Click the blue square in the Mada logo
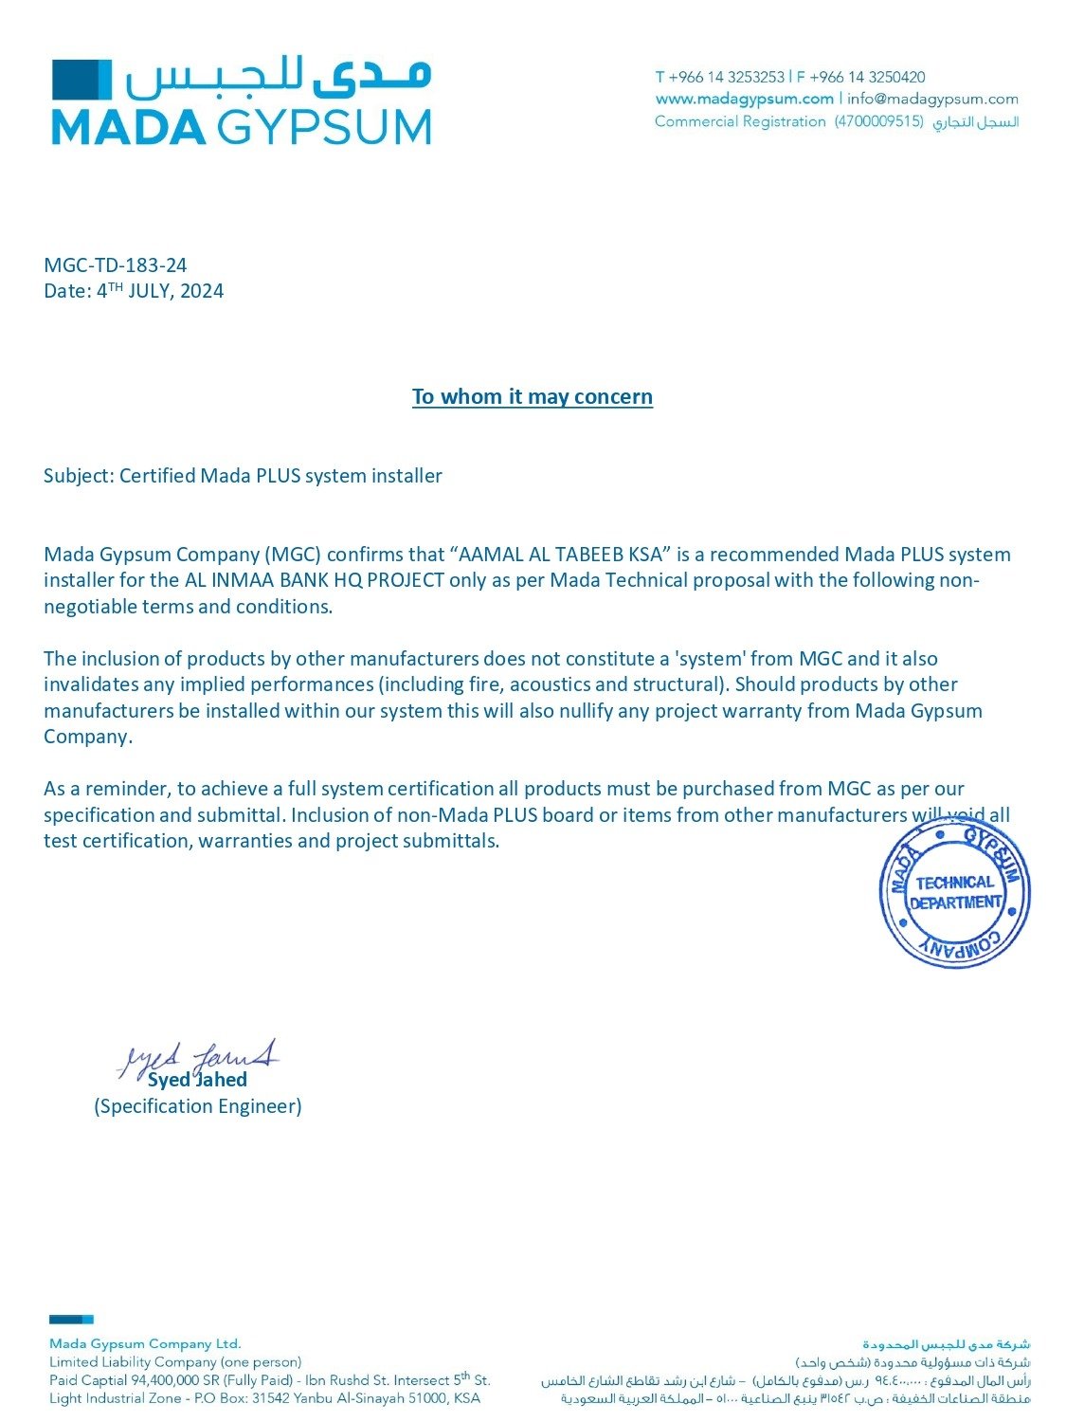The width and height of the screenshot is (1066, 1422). (81, 79)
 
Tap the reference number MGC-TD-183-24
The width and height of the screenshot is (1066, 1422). (116, 265)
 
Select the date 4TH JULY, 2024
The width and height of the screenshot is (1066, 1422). (160, 291)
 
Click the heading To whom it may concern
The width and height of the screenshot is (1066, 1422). (532, 396)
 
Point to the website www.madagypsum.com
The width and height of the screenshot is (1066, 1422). (744, 99)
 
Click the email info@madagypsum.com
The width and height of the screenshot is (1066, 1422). (932, 99)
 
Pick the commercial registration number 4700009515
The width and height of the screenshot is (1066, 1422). (878, 121)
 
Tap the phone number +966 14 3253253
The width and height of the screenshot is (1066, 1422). (726, 77)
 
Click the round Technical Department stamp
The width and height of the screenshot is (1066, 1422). (954, 893)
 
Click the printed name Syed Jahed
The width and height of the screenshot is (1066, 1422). (197, 1080)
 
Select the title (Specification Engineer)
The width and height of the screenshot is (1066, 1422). (197, 1106)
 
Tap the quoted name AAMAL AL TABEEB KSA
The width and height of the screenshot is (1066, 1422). (561, 555)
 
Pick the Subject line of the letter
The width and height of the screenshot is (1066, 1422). (243, 476)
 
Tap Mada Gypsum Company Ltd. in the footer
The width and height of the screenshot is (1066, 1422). (145, 1343)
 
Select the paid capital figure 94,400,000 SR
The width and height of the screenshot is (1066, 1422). (174, 1380)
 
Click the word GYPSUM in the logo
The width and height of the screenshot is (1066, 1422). (324, 127)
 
